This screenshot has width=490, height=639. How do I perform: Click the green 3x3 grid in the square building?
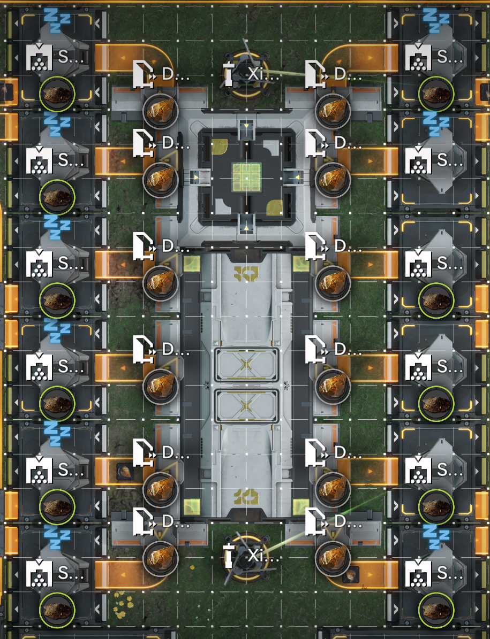[x=246, y=177]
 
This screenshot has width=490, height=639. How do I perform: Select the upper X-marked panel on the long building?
[x=246, y=365]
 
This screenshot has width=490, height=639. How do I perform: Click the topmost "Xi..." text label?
[x=263, y=74]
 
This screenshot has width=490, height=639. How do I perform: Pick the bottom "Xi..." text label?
[x=263, y=556]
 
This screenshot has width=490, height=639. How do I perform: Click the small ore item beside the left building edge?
[x=125, y=471]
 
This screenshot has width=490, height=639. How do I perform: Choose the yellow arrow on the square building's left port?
[x=195, y=176]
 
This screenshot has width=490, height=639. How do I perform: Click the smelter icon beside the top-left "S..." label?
[x=39, y=57]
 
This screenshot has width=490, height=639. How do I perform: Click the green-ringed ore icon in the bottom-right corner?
[x=436, y=610]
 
